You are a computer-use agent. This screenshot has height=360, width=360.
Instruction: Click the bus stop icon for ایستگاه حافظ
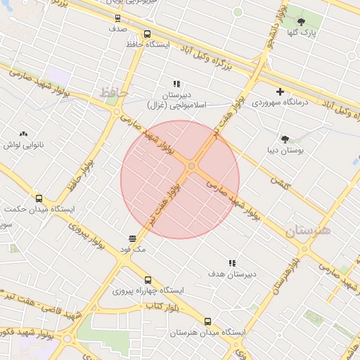pos(147,34)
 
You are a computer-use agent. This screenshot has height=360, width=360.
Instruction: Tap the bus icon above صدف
pos(117,18)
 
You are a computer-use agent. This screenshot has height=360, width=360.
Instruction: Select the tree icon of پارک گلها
pos(302,22)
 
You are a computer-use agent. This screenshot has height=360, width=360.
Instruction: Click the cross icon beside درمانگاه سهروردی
pos(281,91)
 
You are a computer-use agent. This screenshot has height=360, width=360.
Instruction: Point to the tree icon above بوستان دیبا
pos(285,139)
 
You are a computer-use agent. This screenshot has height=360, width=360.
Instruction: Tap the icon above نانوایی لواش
pos(24,134)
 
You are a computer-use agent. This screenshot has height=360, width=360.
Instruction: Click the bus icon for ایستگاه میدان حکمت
pos(39,198)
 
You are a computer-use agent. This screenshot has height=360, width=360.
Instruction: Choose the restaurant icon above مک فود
pos(133,238)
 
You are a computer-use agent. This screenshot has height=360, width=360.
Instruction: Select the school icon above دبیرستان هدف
pos(232,262)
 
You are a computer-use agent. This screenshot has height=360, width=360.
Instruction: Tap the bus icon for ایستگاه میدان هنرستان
pos(207,321)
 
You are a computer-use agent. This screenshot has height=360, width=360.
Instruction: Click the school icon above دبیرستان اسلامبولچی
pos(176,84)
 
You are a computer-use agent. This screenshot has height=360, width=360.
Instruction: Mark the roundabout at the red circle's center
pos(192,166)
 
